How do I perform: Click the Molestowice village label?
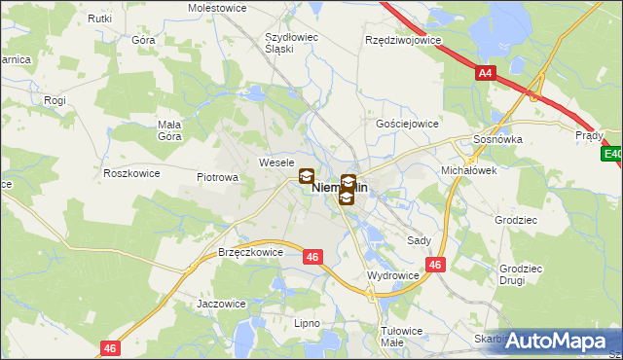217,7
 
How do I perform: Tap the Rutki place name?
99,18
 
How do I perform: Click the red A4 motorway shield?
486,73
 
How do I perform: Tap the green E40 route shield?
612,154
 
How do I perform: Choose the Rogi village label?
55,99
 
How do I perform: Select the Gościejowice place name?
407,125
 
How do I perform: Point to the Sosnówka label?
497,139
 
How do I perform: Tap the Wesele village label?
276,162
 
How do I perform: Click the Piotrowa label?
218,178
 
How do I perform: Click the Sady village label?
420,239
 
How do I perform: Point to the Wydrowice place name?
392,275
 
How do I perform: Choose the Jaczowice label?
221,304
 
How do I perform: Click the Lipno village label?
307,322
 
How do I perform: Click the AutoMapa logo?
554,342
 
